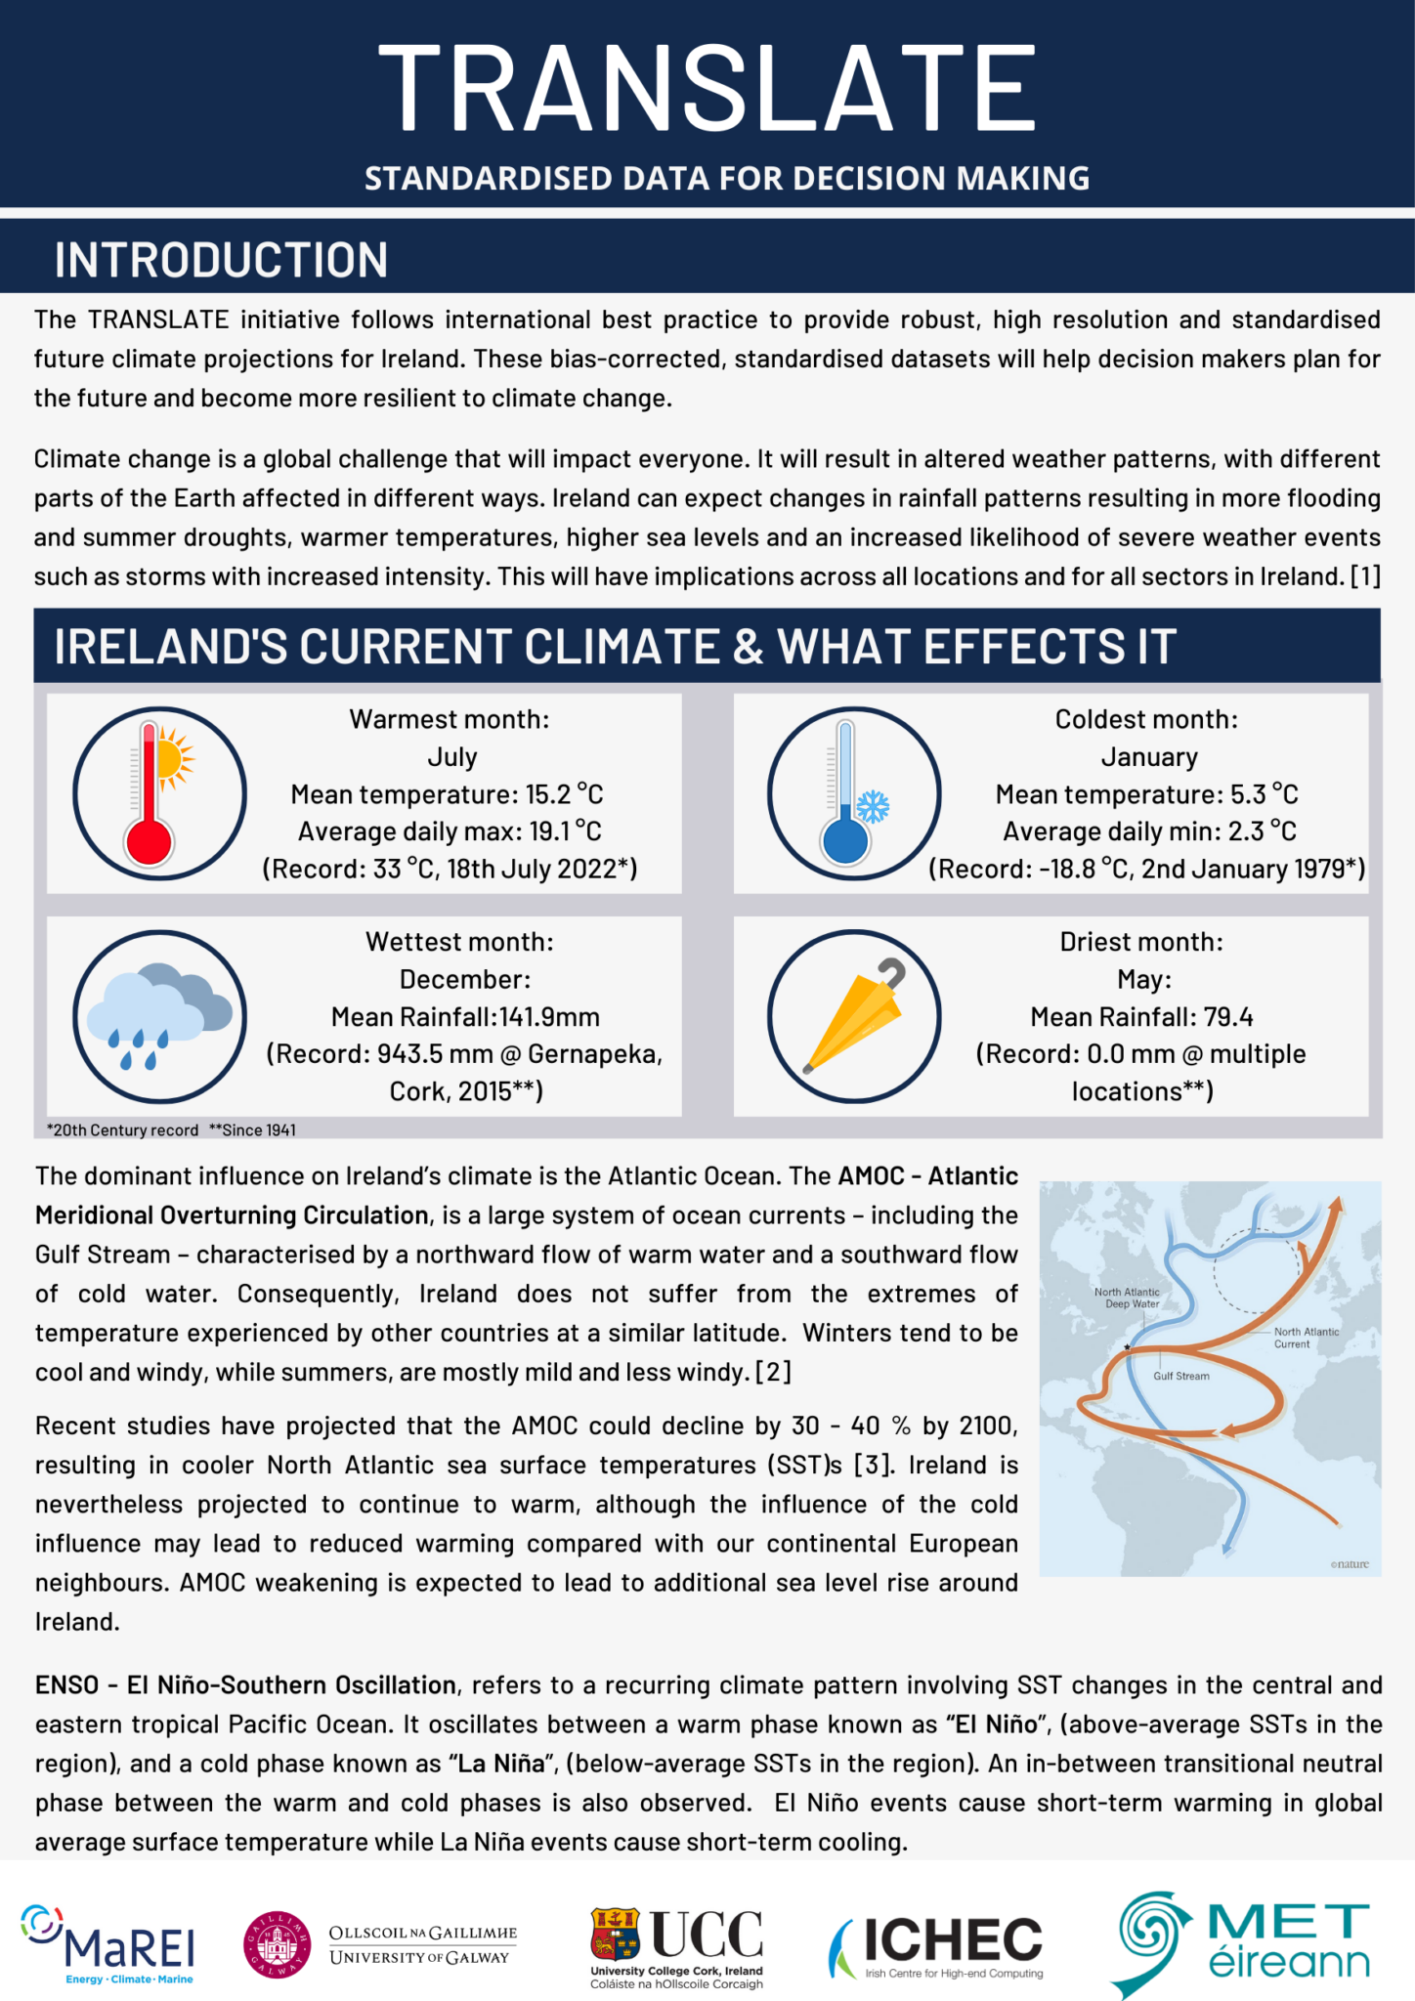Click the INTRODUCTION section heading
coord(221,260)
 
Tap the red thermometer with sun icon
coord(159,793)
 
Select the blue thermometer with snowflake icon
coord(853,793)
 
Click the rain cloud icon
coord(159,1016)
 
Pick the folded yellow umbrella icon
coord(853,1016)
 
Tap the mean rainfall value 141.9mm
coord(549,1017)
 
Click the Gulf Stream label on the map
coord(1180,1377)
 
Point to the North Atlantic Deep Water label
coord(1127,1298)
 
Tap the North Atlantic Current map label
coord(1306,1338)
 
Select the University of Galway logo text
coord(422,1945)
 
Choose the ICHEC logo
coord(936,1946)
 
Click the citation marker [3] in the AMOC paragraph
coord(872,1466)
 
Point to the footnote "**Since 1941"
coord(252,1130)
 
